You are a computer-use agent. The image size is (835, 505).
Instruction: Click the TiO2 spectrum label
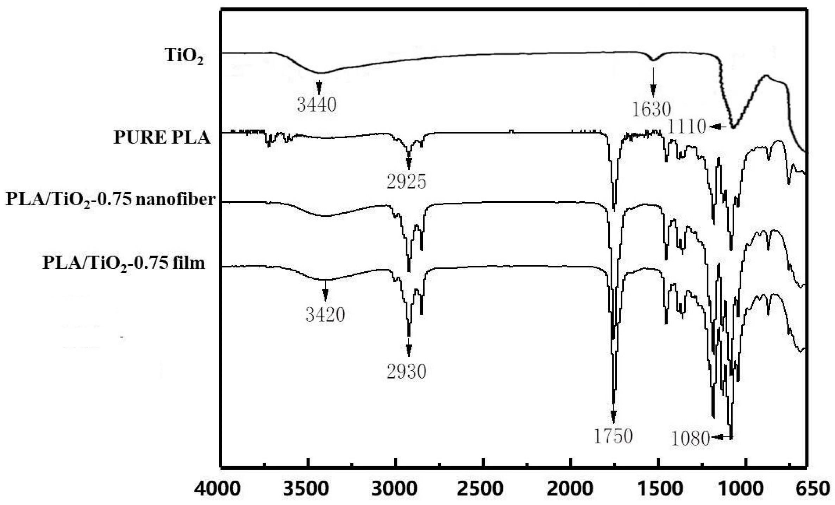coord(184,56)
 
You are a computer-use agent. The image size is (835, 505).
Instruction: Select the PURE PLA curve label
coord(162,137)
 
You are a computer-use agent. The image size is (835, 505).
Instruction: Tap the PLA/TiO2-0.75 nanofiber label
coord(110,200)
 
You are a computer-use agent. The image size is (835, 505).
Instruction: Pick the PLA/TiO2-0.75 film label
coord(124,263)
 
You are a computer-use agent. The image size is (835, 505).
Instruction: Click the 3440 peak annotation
coord(317,105)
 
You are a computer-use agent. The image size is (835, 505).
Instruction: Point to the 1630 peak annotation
coord(652,109)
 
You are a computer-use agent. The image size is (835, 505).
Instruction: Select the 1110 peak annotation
coord(686,126)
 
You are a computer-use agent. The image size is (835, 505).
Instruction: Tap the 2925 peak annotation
coord(407,182)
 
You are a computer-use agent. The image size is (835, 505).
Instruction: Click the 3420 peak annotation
coord(325,315)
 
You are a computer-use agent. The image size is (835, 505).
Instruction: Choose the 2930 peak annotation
coord(407,371)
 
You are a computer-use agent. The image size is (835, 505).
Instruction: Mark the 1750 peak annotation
coord(613,436)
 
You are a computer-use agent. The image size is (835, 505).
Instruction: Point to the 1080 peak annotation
coord(691,438)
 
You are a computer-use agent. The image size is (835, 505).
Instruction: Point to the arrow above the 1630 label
coord(653,82)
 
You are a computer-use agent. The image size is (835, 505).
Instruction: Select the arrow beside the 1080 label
coord(722,437)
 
